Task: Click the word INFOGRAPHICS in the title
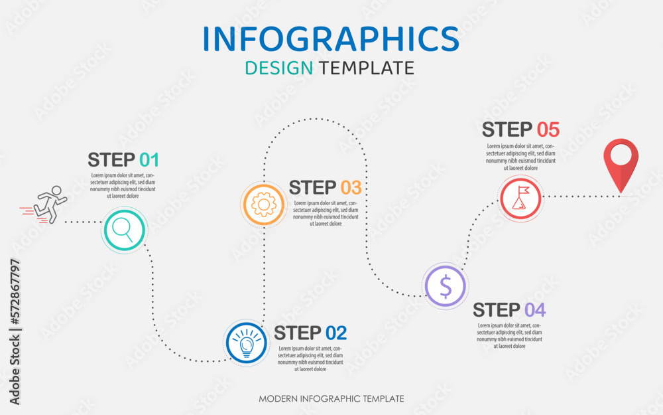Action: [331, 38]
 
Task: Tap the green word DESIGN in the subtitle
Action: [278, 68]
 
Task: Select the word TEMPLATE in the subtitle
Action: [366, 68]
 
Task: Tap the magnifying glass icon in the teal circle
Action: [123, 230]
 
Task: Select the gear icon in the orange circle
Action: [264, 204]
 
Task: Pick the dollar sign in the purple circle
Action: [446, 286]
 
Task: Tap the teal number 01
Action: [149, 160]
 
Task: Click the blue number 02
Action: [335, 333]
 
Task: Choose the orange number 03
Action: [351, 187]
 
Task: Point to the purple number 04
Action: [534, 310]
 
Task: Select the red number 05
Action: [548, 129]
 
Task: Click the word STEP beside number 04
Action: [497, 310]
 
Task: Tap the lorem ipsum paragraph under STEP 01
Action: [123, 185]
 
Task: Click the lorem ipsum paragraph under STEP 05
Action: [520, 157]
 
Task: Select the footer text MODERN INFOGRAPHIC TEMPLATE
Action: [331, 399]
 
